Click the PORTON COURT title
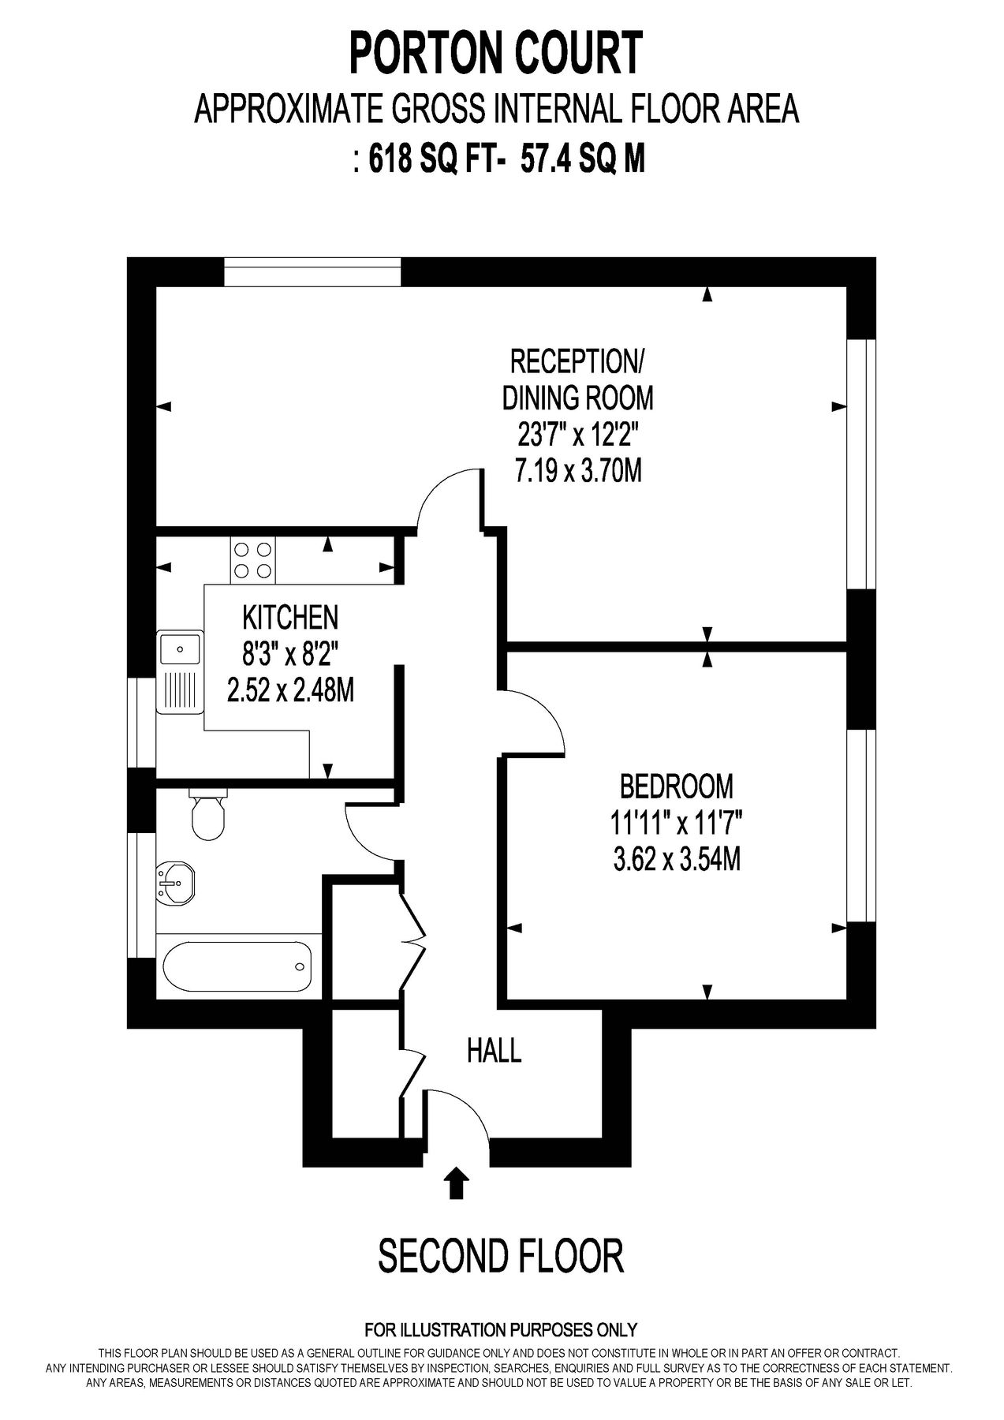click(x=496, y=53)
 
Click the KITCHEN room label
click(x=290, y=617)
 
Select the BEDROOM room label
click(x=677, y=787)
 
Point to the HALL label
click(x=495, y=1051)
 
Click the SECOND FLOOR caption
click(x=501, y=1255)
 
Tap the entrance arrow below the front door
click(x=456, y=1184)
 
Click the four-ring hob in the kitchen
click(x=252, y=559)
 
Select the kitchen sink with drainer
click(x=180, y=671)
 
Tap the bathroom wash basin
click(x=177, y=881)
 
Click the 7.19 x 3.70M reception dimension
click(x=578, y=471)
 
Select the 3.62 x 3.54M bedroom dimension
click(x=677, y=858)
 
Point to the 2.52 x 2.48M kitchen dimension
click(x=290, y=690)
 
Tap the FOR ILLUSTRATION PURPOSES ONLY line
click(x=501, y=1330)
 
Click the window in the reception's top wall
click(x=312, y=273)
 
